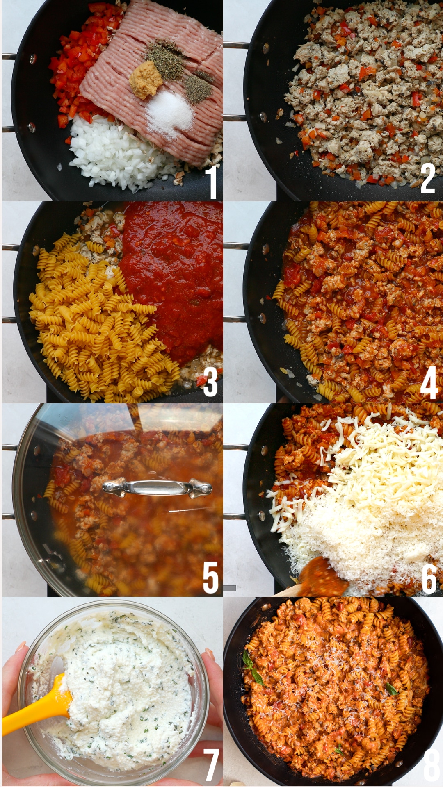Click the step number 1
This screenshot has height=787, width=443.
point(211,182)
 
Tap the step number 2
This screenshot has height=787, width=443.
point(427,178)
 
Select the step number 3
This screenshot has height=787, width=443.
point(210,382)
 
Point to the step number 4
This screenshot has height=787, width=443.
point(429,382)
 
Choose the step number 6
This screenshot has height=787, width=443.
point(429,578)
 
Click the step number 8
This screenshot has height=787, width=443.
point(432,765)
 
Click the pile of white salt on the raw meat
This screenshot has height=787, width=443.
point(169,113)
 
